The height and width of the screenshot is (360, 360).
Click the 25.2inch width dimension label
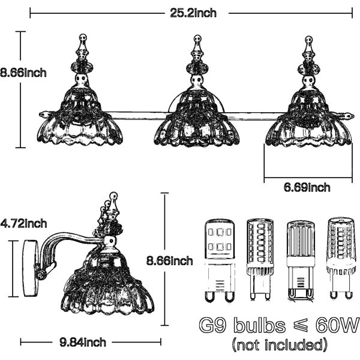pyautogui.click(x=193, y=13)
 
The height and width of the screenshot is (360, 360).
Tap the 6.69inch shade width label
pyautogui.click(x=307, y=188)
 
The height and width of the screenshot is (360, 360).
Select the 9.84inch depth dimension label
pyautogui.click(x=83, y=343)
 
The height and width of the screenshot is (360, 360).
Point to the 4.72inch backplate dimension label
pyautogui.click(x=23, y=223)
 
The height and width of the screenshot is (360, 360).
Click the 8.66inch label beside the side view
pyautogui.click(x=170, y=261)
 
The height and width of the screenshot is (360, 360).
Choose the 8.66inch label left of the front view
pyautogui.click(x=23, y=73)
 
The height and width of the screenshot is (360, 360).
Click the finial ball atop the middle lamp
pyautogui.click(x=197, y=38)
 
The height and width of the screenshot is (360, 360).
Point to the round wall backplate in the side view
pyautogui.click(x=30, y=268)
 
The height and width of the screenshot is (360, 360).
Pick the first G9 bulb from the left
pyautogui.click(x=220, y=260)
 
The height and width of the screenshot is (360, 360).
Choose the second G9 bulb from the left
pyautogui.click(x=260, y=260)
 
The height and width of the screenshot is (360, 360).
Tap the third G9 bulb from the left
pyautogui.click(x=301, y=260)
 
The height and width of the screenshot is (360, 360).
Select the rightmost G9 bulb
pyautogui.click(x=341, y=259)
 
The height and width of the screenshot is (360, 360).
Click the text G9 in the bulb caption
pyautogui.click(x=213, y=325)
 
